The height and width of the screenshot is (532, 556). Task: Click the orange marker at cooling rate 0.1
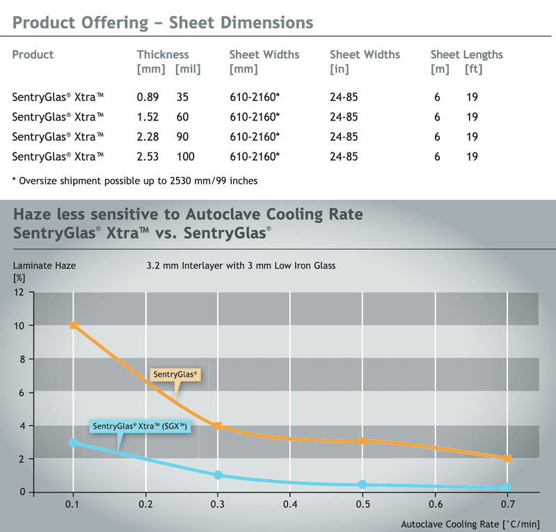73,325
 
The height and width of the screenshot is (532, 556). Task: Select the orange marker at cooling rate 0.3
218,425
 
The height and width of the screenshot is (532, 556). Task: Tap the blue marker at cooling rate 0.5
363,485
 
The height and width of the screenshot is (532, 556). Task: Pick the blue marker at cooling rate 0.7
507,487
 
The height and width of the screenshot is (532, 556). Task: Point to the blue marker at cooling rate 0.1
73,442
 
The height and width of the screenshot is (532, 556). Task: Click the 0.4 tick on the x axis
290,503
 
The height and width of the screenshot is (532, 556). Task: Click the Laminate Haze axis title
44,265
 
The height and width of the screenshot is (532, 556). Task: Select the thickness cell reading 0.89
148,97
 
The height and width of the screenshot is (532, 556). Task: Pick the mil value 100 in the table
186,157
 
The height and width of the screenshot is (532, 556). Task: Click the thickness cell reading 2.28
148,136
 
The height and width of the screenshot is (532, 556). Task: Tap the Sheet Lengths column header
466,54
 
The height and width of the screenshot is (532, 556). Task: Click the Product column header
33,54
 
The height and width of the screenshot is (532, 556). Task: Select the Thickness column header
163,54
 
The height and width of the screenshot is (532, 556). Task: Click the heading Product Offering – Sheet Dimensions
163,22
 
